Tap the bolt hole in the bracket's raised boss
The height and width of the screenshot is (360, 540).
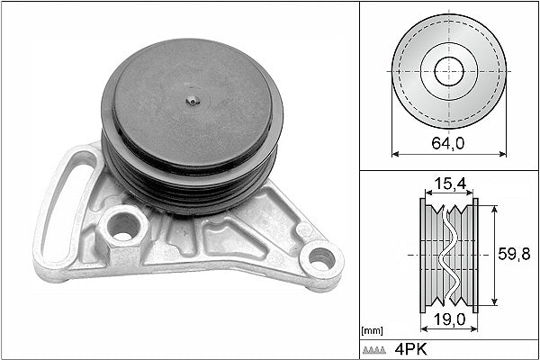click(123, 227)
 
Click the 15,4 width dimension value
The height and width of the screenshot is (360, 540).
click(448, 184)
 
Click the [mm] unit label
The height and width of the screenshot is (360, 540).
click(371, 331)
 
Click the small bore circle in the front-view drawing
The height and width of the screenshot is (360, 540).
click(448, 70)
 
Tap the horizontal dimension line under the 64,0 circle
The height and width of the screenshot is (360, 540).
click(448, 153)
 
